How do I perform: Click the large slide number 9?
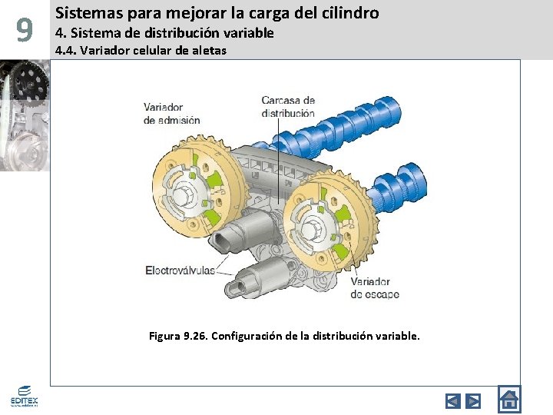[25, 32]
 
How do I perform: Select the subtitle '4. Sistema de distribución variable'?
[164, 33]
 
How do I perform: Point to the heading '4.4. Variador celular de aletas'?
[141, 51]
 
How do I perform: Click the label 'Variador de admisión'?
[171, 114]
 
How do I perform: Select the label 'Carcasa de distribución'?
[288, 106]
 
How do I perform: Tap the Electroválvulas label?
[180, 270]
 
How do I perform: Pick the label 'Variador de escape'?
[370, 287]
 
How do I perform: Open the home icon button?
[508, 399]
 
